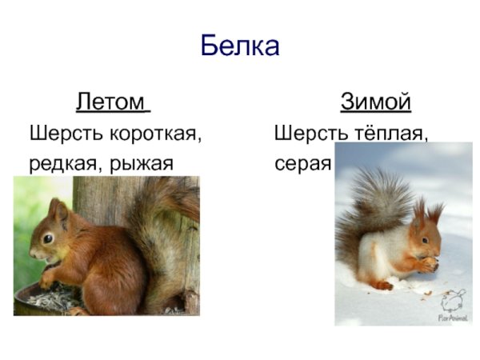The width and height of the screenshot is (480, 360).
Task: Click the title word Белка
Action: (239, 46)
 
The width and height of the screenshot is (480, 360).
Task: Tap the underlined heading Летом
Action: (113, 102)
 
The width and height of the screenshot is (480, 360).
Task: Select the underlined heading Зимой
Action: (375, 102)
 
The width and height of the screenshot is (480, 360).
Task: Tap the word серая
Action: (302, 164)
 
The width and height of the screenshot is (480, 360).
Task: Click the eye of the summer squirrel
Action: (48, 238)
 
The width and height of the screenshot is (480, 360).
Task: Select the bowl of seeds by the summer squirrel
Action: (48, 299)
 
